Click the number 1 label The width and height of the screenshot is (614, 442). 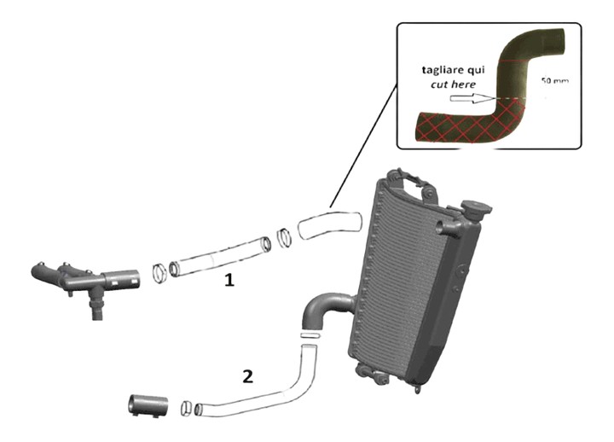click(x=229, y=279)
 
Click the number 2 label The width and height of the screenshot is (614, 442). click(x=247, y=375)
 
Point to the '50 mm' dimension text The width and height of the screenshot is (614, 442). click(x=555, y=80)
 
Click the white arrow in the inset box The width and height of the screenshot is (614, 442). click(x=466, y=99)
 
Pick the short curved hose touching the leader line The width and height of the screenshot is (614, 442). click(x=330, y=224)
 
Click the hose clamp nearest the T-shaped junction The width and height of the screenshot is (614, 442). click(x=159, y=273)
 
